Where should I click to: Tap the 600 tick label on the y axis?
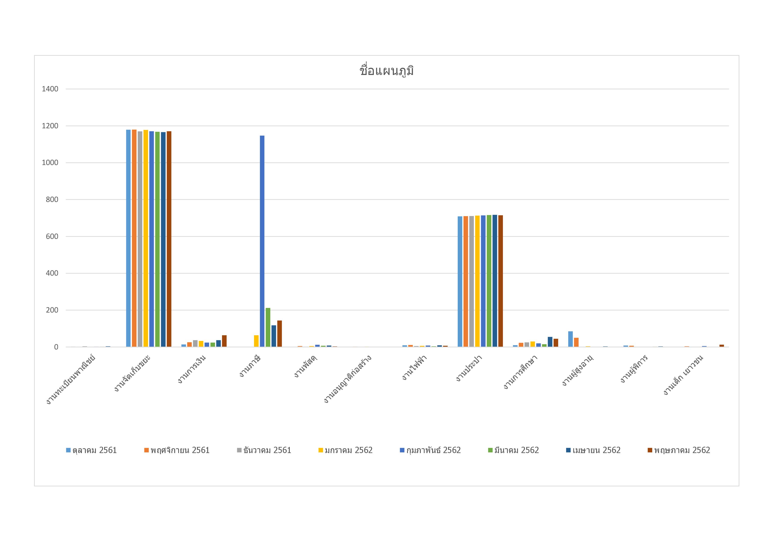[x=52, y=236]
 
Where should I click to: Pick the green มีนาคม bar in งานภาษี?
[x=268, y=327]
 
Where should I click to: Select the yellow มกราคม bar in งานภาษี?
[x=256, y=341]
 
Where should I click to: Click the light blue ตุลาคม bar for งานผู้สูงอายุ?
[x=571, y=339]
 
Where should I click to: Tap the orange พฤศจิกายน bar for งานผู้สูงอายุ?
[x=576, y=342]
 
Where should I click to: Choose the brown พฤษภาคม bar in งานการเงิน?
[x=224, y=341]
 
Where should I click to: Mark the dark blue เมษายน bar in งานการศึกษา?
[x=550, y=342]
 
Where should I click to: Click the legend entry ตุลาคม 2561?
[x=91, y=450]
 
